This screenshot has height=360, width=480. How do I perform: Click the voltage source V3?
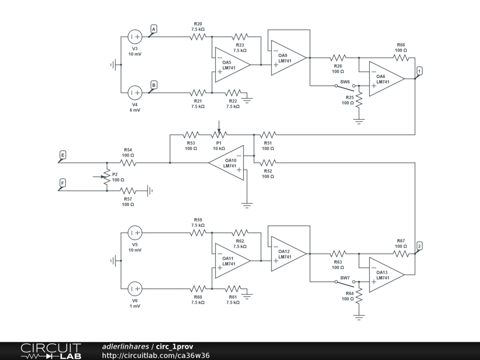coord(135,37)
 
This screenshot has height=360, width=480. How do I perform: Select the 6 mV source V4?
coord(135,92)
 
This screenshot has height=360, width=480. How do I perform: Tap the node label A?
coord(154,30)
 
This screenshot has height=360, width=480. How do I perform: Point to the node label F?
coord(62,183)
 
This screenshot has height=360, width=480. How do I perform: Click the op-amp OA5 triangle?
coord(232,65)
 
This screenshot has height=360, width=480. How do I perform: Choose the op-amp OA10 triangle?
coord(226,163)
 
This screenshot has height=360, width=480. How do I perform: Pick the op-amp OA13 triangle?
coord(387,275)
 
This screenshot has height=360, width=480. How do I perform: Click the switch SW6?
coord(345,87)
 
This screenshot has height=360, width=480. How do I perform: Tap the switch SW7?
coord(345,283)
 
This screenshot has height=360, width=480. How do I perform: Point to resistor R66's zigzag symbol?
coord(401,58)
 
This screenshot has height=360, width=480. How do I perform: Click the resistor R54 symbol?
coord(128,163)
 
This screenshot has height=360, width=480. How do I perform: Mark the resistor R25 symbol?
coord(359,100)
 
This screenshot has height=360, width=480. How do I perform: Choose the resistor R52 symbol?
coord(268,163)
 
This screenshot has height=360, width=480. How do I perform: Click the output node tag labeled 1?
coord(419,71)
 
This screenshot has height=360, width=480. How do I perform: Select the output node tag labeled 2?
coord(419,246)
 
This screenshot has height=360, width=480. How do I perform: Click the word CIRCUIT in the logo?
coord(51,348)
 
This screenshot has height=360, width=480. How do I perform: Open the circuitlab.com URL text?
coord(156,355)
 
